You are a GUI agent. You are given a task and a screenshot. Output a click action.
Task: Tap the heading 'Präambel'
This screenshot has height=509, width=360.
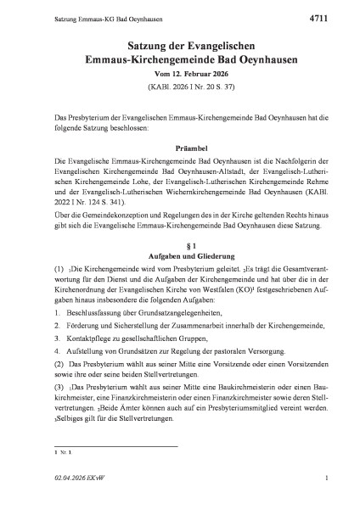point(179,145)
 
